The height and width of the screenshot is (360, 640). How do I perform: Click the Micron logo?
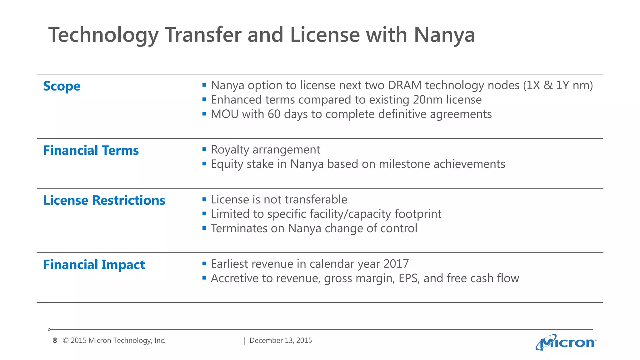click(x=566, y=342)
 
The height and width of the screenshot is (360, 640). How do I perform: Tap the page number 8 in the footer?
click(x=55, y=341)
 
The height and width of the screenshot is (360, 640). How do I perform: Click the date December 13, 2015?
click(x=281, y=341)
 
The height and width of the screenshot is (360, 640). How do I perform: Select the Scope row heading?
click(x=62, y=86)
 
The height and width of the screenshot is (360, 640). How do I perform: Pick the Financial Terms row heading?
click(x=91, y=151)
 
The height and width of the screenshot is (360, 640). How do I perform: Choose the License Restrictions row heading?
click(x=104, y=200)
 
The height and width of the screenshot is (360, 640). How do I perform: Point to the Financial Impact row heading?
click(x=94, y=265)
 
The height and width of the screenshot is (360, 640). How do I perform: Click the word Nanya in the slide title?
click(x=444, y=35)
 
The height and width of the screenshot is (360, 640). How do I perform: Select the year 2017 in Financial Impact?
click(x=396, y=264)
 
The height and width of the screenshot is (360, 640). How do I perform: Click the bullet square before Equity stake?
click(x=204, y=163)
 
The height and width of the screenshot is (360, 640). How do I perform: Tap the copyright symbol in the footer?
click(x=66, y=341)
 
